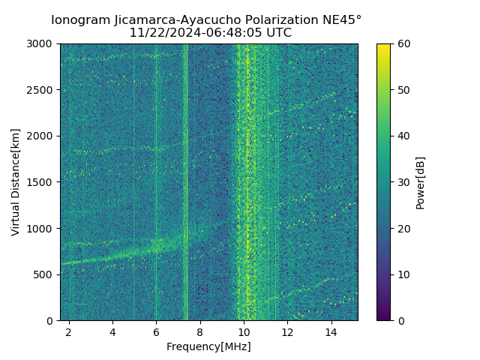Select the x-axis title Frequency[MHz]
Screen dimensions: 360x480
[x=208, y=346]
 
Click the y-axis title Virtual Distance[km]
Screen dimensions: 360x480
[x=16, y=181]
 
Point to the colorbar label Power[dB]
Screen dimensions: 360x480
[x=420, y=181]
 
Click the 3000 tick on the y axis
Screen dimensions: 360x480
[x=43, y=44]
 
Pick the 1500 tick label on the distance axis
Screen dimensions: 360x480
[x=43, y=182]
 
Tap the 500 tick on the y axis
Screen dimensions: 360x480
[x=46, y=274]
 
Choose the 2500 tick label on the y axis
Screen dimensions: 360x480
[x=43, y=90]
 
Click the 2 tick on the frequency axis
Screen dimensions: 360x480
[x=69, y=331]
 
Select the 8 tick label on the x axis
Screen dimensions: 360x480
[x=200, y=331]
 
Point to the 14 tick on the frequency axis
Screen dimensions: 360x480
[x=331, y=331]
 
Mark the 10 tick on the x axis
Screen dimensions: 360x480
[x=244, y=331]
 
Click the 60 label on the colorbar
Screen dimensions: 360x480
[x=403, y=44]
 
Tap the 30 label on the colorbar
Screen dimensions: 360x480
[x=403, y=182]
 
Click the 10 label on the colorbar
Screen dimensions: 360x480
[x=403, y=274]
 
